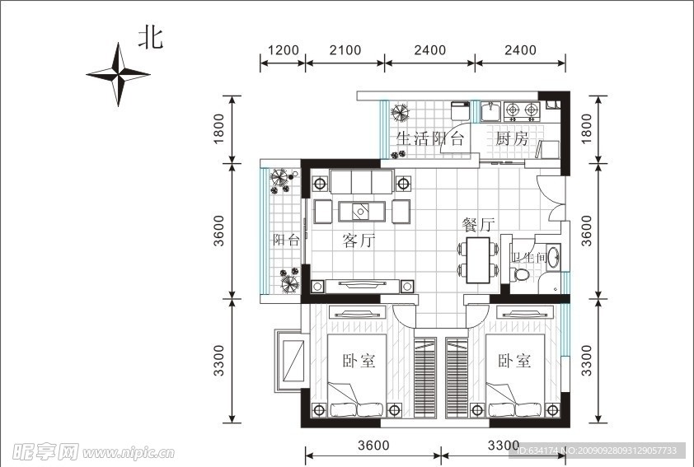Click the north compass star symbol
point(118,74)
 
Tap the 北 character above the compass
point(151,38)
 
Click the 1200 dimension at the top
point(284,50)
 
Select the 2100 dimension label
point(345,50)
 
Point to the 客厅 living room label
point(359,241)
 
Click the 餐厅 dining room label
point(478,224)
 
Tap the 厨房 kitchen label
point(512,138)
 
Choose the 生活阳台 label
point(429,138)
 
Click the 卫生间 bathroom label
point(528,257)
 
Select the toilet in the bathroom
point(521,275)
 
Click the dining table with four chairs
point(478,260)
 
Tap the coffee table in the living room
point(362,212)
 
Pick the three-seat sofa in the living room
point(362,182)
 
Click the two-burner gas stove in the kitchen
point(523,111)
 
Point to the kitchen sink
point(490,111)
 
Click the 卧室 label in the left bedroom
point(359,361)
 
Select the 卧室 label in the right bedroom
point(514,361)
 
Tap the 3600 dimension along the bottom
point(373,445)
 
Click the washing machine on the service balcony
point(460,110)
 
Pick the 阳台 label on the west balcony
point(286,240)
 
